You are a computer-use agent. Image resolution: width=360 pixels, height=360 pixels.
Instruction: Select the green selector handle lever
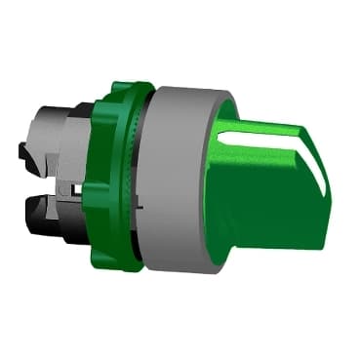[273, 185]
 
